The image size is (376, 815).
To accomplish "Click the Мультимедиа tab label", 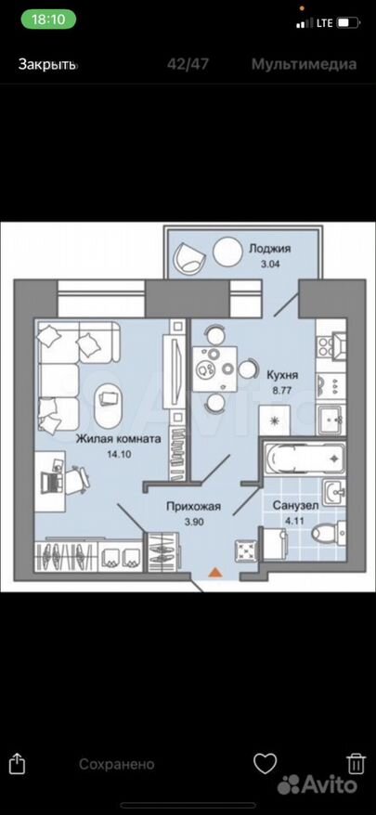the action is (305, 64).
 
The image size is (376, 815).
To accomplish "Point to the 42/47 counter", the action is (188, 64).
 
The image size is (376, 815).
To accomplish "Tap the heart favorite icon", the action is (265, 763).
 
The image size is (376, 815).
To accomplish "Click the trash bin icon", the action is (357, 764).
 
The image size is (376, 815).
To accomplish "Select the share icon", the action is (17, 763).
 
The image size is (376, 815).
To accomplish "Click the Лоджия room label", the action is (269, 249).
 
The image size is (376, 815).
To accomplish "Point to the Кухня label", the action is (282, 374).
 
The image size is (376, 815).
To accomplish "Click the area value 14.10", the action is (119, 453).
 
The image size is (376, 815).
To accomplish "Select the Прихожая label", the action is (194, 505).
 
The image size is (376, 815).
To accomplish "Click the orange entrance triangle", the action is (215, 573).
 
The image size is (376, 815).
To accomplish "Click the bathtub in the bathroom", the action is (305, 458).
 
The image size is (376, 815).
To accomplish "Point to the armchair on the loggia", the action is (188, 257).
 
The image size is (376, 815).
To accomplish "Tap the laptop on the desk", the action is (50, 482).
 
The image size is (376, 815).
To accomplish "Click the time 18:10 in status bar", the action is (48, 19).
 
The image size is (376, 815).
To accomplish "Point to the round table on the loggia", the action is (227, 251).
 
